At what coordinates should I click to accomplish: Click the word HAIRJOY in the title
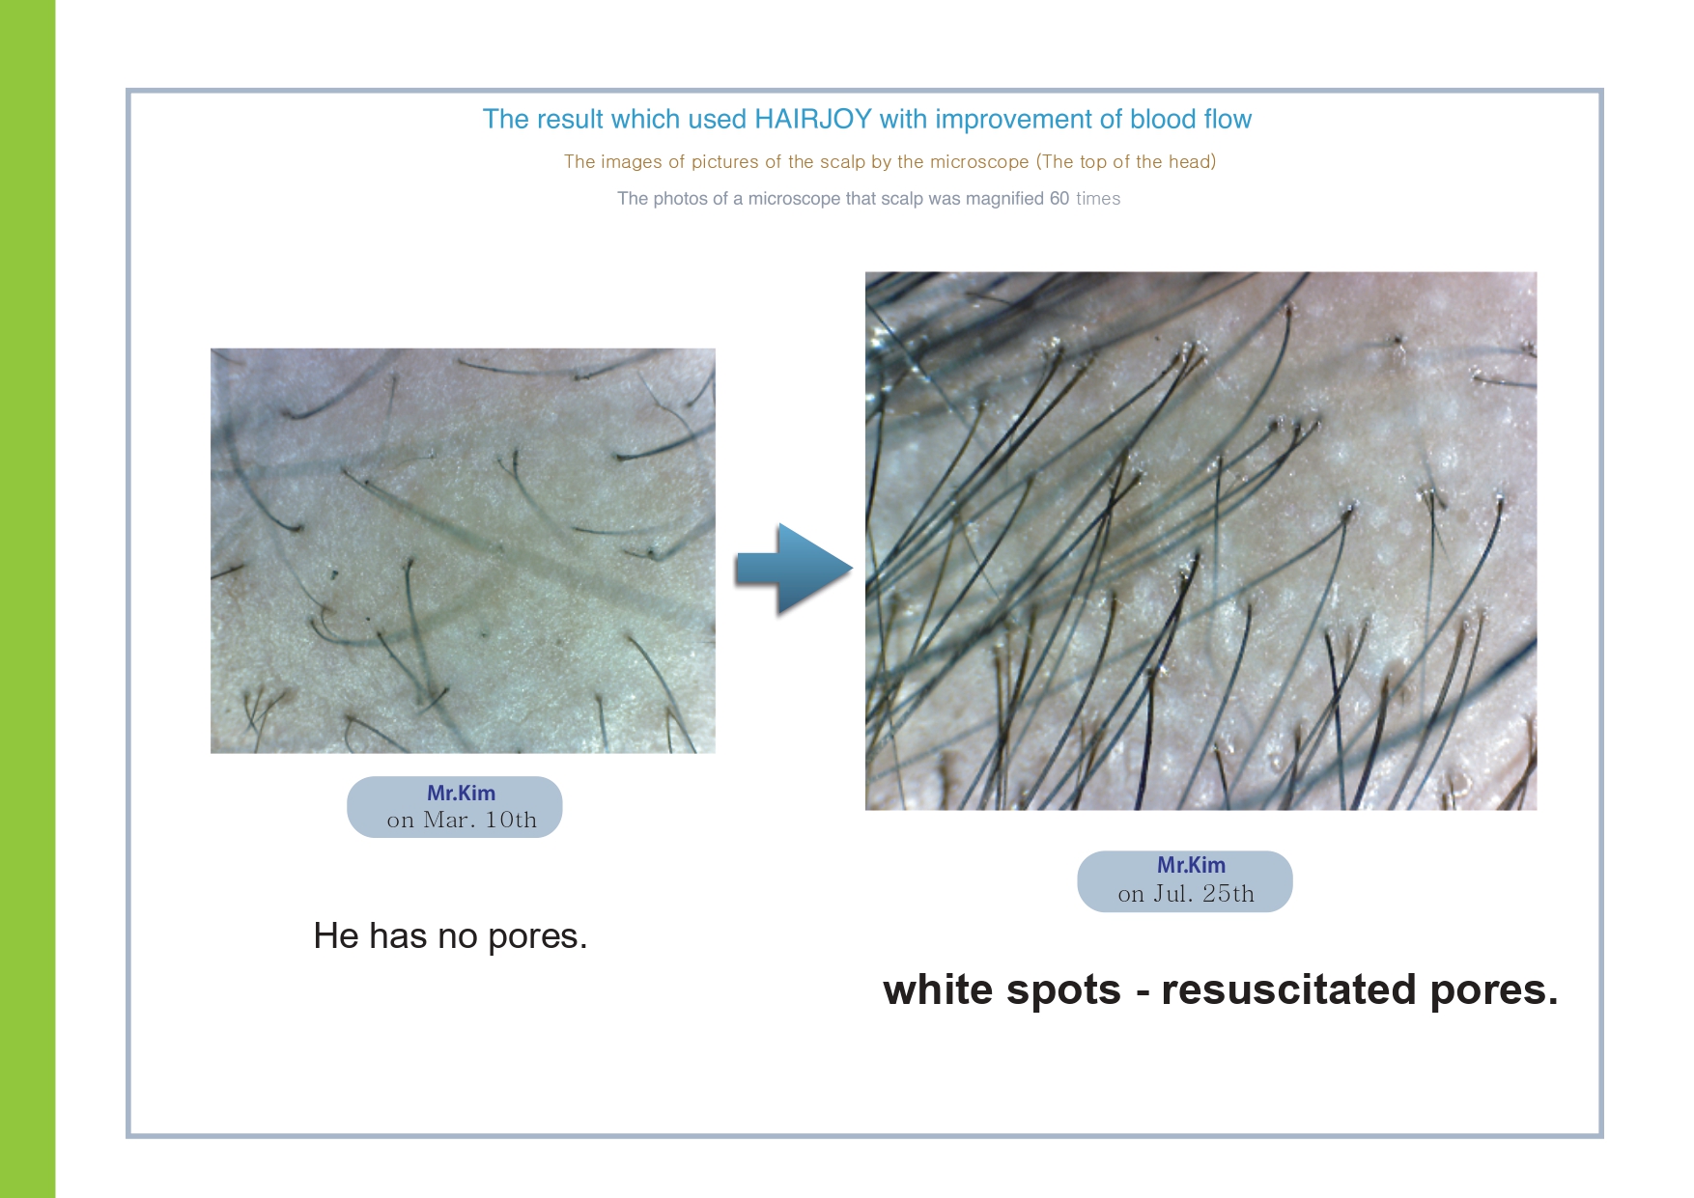(x=813, y=119)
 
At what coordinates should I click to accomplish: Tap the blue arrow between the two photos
(x=794, y=570)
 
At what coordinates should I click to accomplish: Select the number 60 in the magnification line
(x=1059, y=199)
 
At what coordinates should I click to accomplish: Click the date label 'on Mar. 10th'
(x=462, y=821)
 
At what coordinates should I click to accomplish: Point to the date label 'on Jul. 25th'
(x=1186, y=894)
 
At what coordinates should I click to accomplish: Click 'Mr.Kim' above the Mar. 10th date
(x=461, y=793)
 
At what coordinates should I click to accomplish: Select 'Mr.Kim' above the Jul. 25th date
(x=1191, y=865)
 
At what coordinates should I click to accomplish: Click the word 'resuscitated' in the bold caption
(x=1288, y=990)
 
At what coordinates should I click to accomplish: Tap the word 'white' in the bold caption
(x=937, y=990)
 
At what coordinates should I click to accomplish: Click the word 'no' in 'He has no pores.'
(x=457, y=936)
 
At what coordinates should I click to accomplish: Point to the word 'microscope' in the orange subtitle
(x=979, y=162)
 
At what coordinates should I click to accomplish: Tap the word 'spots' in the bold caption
(x=1062, y=991)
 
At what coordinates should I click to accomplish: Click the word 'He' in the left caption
(x=336, y=936)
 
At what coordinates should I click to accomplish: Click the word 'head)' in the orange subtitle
(x=1192, y=162)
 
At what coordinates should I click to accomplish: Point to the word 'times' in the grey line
(x=1098, y=199)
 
